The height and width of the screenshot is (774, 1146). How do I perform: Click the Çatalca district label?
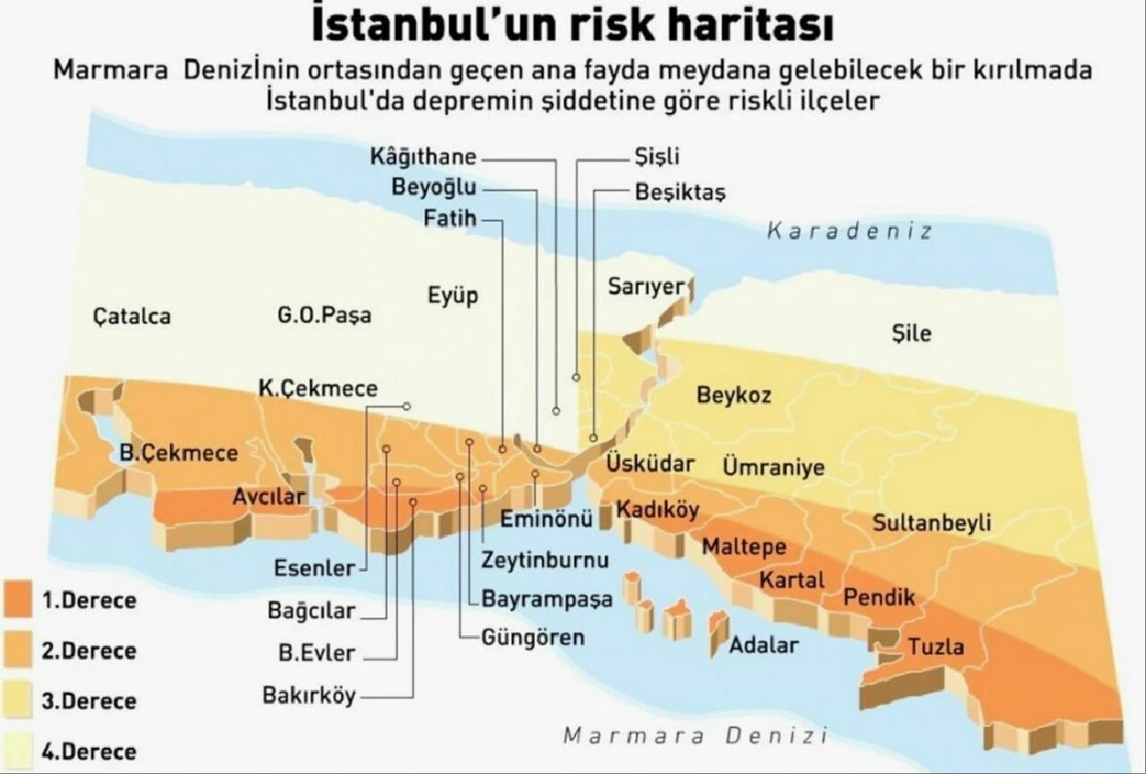point(132,316)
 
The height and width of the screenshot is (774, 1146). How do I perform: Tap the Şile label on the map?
point(911,333)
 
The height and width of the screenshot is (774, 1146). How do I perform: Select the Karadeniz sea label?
point(849,231)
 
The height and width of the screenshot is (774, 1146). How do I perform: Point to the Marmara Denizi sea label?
point(694,736)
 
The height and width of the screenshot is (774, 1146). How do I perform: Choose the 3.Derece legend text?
point(89,701)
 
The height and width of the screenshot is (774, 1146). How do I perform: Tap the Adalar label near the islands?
point(764,643)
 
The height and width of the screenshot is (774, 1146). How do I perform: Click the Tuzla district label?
point(936,645)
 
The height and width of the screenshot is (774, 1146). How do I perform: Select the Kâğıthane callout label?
point(423,157)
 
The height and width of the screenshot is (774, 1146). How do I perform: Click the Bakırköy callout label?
point(309,694)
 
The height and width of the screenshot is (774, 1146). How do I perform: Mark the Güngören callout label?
point(533,637)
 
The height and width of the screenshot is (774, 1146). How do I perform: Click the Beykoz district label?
point(733,395)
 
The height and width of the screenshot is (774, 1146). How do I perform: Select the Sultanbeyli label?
point(931,523)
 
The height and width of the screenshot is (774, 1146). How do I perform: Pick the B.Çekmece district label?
point(179,453)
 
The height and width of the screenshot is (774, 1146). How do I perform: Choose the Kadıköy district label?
point(657,509)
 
